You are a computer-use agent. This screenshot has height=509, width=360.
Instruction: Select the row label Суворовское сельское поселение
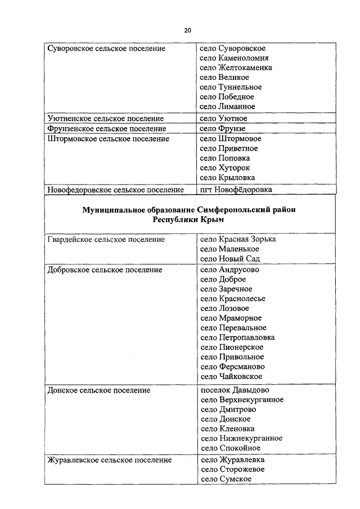click(x=106, y=48)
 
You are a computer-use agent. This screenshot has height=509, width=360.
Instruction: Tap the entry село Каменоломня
click(x=234, y=58)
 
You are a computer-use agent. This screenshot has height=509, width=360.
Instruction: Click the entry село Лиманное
click(x=227, y=106)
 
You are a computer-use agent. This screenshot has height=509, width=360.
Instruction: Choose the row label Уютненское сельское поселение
click(x=105, y=119)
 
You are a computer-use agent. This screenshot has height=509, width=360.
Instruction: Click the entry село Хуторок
click(x=225, y=168)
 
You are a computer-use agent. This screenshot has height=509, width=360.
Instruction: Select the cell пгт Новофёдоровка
click(x=236, y=190)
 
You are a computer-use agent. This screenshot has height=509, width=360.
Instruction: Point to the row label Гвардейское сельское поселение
click(x=106, y=240)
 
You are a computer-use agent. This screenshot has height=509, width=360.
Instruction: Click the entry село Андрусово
click(x=230, y=269)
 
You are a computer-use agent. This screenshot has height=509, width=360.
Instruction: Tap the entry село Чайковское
click(x=231, y=376)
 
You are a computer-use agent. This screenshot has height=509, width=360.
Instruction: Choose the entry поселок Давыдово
click(x=235, y=390)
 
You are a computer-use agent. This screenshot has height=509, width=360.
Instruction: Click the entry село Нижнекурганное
click(x=241, y=438)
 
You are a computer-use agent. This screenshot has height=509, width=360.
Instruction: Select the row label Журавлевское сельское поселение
click(x=109, y=460)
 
